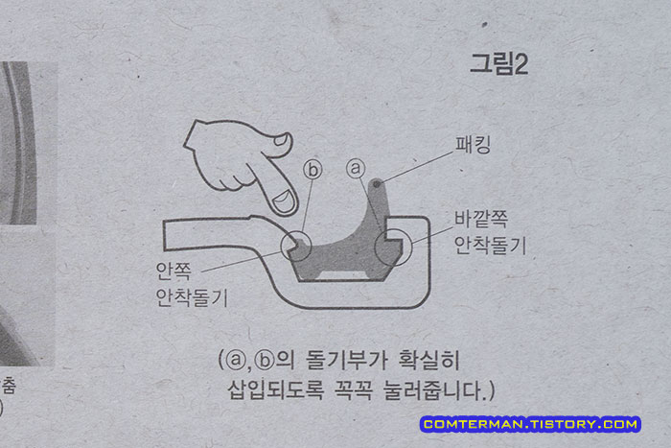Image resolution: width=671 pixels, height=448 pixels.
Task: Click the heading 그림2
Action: [499, 65]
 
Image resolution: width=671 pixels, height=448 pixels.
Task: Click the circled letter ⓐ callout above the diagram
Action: [357, 169]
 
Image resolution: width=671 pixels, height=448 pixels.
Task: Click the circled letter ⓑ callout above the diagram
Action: [313, 169]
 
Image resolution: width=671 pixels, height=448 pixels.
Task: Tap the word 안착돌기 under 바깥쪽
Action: [490, 241]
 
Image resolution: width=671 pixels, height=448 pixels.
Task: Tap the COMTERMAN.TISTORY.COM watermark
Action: [529, 423]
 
